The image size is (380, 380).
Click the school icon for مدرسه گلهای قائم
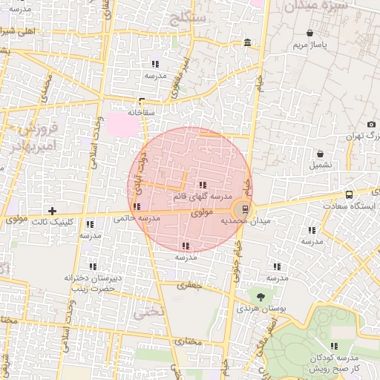tap(202, 185)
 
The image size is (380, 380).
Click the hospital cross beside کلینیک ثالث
tap(52, 212)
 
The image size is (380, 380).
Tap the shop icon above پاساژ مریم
tap(309, 33)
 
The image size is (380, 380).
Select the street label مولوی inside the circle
tap(201, 213)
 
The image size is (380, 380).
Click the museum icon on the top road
tap(247, 43)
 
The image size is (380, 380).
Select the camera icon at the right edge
tap(371, 124)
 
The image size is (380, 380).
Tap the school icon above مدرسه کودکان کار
tap(334, 346)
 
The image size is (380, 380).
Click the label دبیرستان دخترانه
tap(89, 278)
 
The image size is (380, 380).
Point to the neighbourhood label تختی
tap(145, 312)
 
